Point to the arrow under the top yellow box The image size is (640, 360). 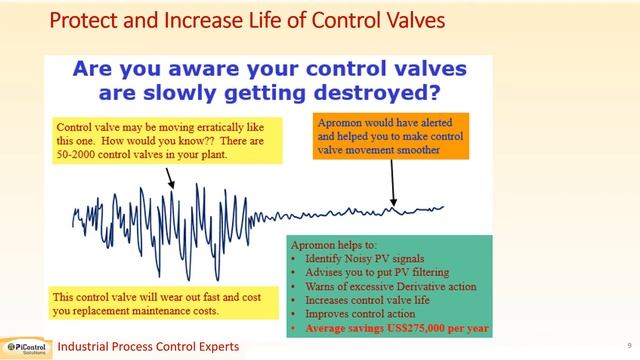pos(169,178)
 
